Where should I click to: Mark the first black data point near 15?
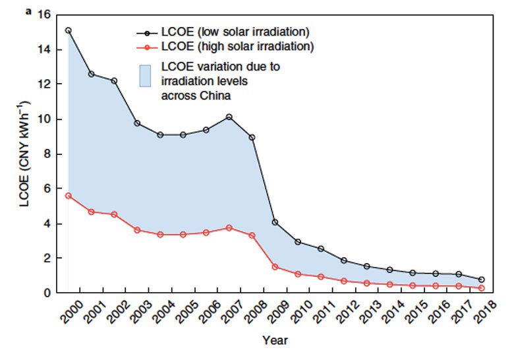point(69,30)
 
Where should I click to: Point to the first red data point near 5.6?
point(69,195)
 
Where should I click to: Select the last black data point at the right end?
point(482,280)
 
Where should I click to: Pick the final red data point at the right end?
point(482,288)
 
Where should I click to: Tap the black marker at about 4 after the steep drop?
point(275,222)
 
